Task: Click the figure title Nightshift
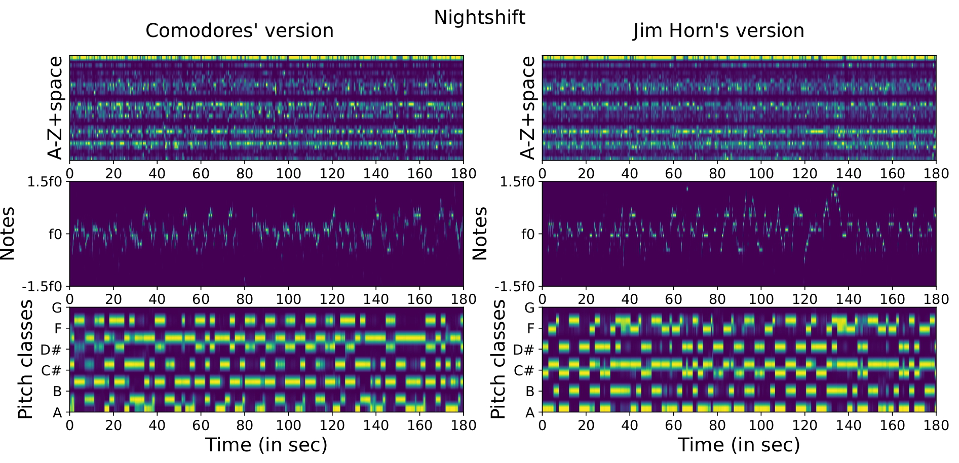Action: [479, 17]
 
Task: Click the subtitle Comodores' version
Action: [239, 31]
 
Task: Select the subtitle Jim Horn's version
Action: [718, 31]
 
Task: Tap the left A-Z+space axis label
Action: [55, 108]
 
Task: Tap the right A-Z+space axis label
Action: [528, 108]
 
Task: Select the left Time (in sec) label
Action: [266, 445]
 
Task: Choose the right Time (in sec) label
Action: [739, 445]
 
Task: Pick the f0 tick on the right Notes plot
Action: [528, 234]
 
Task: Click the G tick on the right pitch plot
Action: [529, 307]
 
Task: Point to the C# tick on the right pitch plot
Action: [524, 371]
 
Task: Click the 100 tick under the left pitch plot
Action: [288, 425]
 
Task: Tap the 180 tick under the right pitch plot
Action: [936, 425]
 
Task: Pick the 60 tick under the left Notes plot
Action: [201, 299]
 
